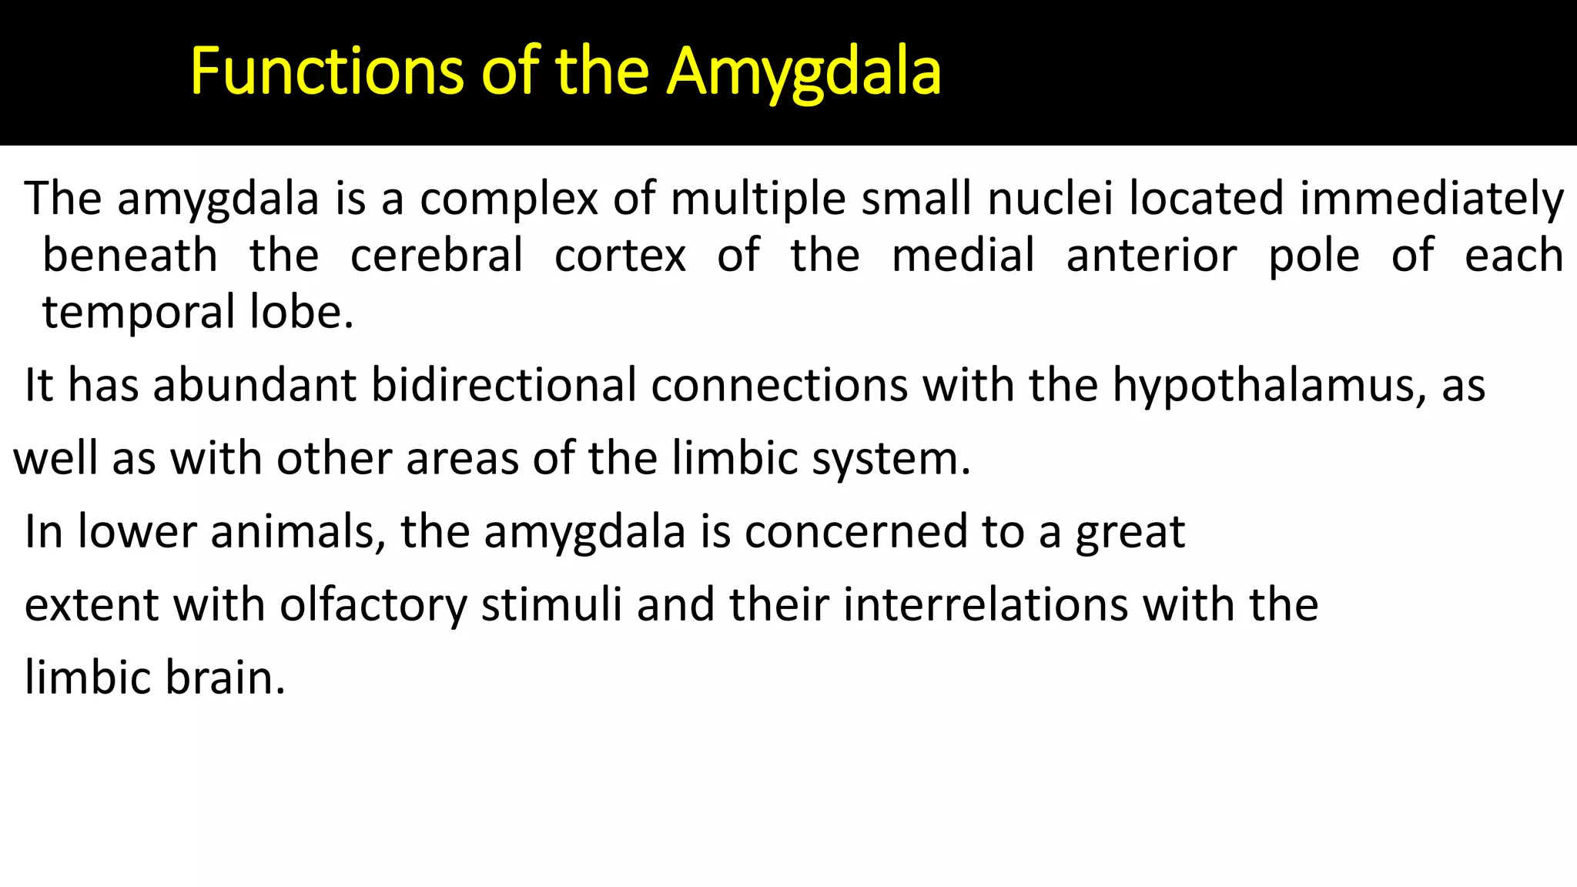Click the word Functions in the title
pyautogui.click(x=326, y=72)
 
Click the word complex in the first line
pyautogui.click(x=508, y=199)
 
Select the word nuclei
pyautogui.click(x=1050, y=199)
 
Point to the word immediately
pyautogui.click(x=1431, y=199)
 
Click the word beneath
pyautogui.click(x=129, y=256)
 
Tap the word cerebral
pyautogui.click(x=437, y=256)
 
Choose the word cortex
pyautogui.click(x=620, y=256)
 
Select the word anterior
pyautogui.click(x=1151, y=256)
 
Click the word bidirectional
pyautogui.click(x=504, y=385)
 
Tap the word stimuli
pyautogui.click(x=551, y=605)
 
